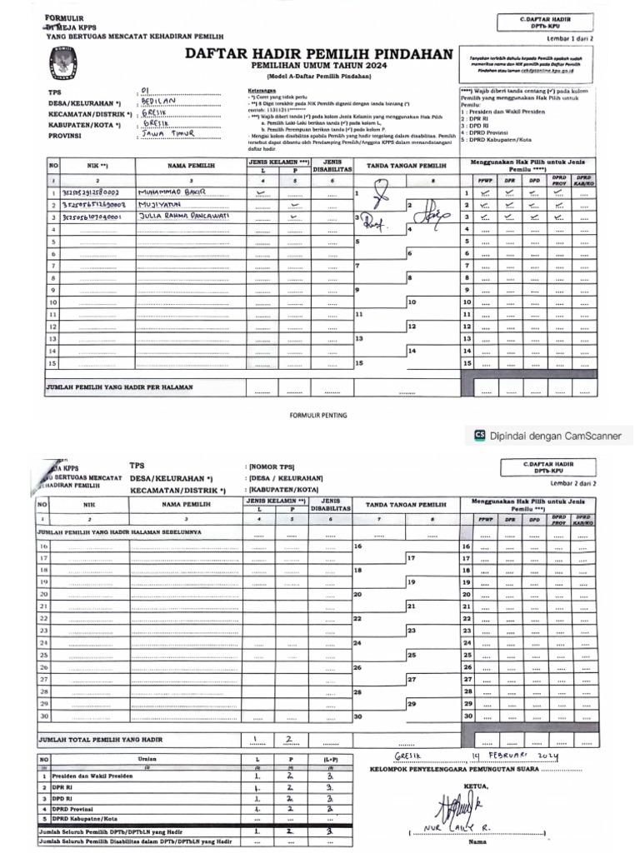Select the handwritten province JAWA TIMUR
[168, 132]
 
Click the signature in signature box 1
[381, 197]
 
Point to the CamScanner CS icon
[479, 433]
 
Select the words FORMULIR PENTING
[318, 414]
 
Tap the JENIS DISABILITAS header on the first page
[332, 165]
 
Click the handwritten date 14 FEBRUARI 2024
[517, 755]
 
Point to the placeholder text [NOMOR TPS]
[271, 466]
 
